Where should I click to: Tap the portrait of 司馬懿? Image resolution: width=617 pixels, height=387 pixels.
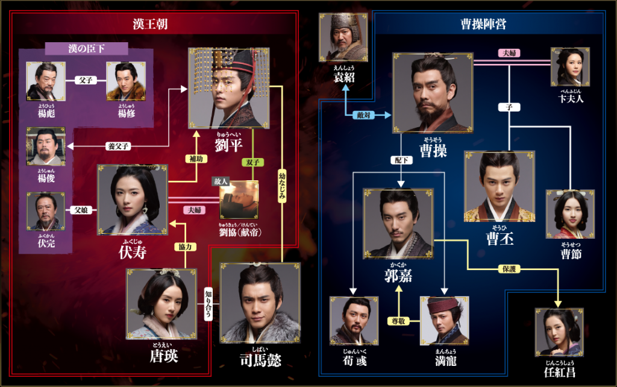tap(260, 303)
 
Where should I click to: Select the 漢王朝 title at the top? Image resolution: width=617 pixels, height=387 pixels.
tap(150, 24)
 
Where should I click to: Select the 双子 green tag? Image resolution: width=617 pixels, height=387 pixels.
tap(252, 162)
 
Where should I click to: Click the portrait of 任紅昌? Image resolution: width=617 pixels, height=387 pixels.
tap(559, 332)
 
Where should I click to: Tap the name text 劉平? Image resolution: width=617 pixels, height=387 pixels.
tap(228, 145)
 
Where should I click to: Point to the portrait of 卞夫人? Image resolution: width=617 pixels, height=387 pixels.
tap(570, 68)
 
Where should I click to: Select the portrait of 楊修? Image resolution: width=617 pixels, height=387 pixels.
tap(127, 81)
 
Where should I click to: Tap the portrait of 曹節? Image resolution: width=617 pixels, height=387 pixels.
tap(570, 214)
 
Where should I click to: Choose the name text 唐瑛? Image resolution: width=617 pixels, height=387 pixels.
tap(164, 356)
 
